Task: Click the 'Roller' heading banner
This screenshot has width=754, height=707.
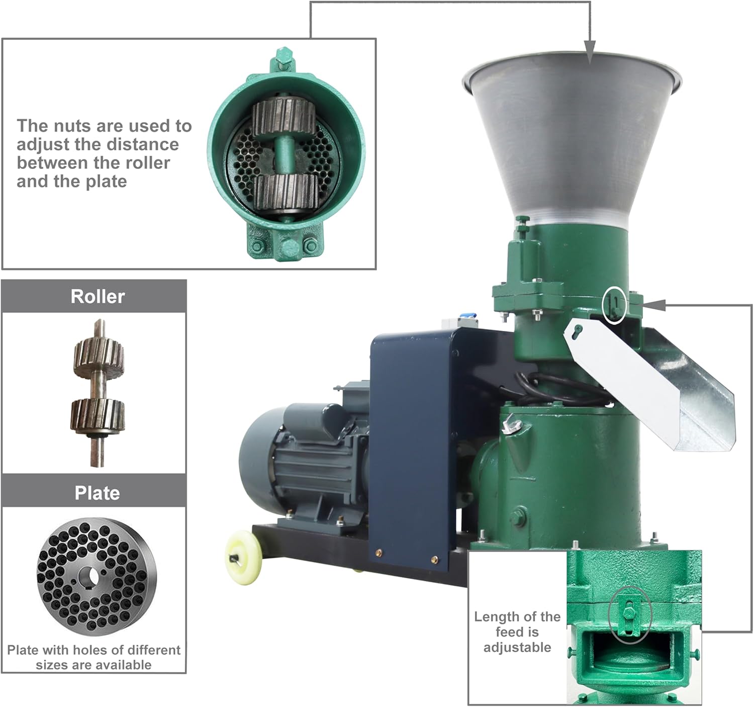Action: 97,296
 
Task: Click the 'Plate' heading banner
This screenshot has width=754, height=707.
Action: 97,493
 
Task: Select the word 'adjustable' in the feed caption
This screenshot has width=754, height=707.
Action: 517,647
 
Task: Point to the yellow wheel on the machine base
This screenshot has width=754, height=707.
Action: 244,558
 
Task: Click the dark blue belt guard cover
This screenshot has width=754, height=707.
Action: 412,443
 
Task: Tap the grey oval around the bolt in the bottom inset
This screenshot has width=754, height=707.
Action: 629,614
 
